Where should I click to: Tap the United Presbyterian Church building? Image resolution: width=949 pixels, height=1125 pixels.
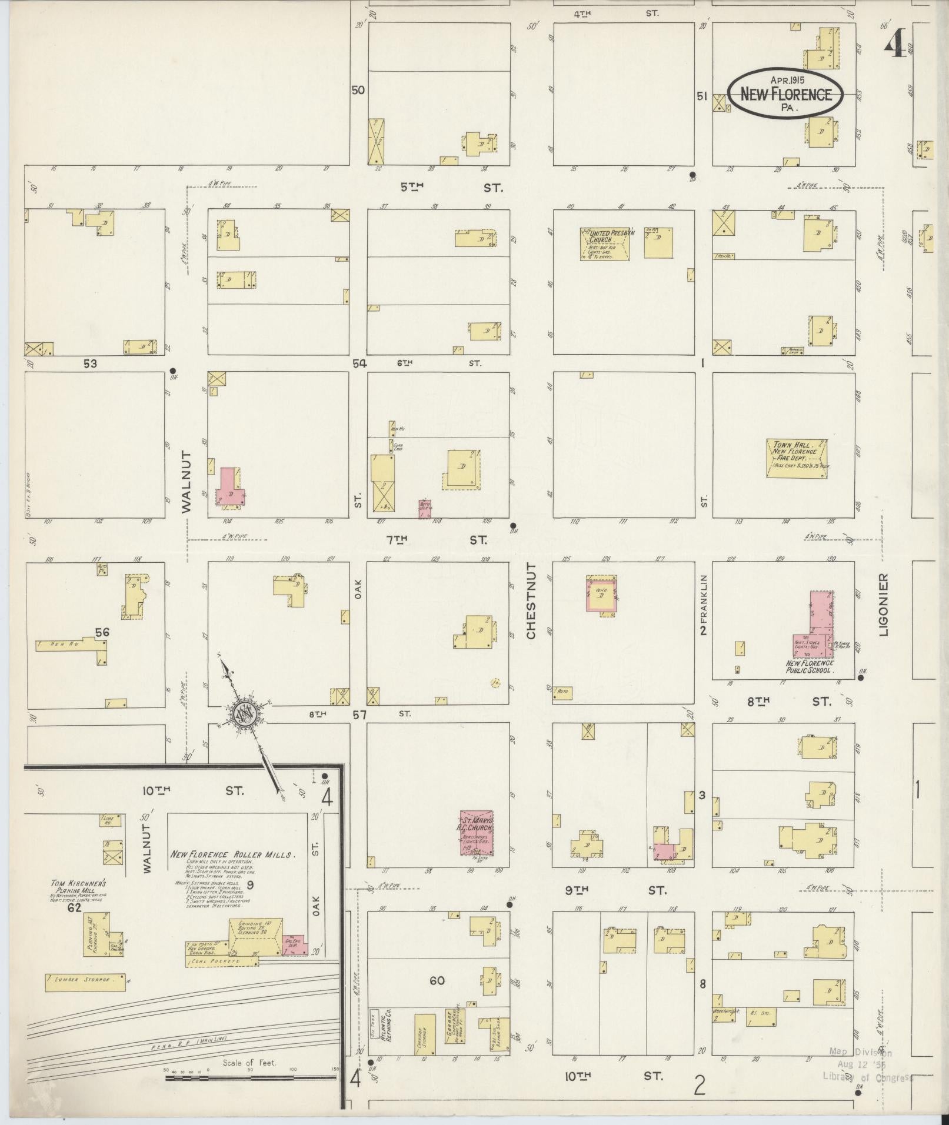[x=604, y=244]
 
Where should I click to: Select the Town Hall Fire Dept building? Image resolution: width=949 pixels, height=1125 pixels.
[x=797, y=458]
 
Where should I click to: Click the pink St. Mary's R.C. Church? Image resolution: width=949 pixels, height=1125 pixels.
[x=476, y=833]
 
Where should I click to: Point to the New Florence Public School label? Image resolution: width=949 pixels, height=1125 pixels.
[x=810, y=666]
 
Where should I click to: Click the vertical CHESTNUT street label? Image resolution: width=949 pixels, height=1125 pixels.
[x=531, y=600]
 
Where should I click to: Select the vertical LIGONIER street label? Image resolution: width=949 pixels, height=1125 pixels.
[x=884, y=605]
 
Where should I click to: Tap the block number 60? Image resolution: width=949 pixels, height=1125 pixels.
[x=437, y=980]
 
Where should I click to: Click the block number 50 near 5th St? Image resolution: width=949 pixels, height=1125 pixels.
[x=358, y=91]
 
